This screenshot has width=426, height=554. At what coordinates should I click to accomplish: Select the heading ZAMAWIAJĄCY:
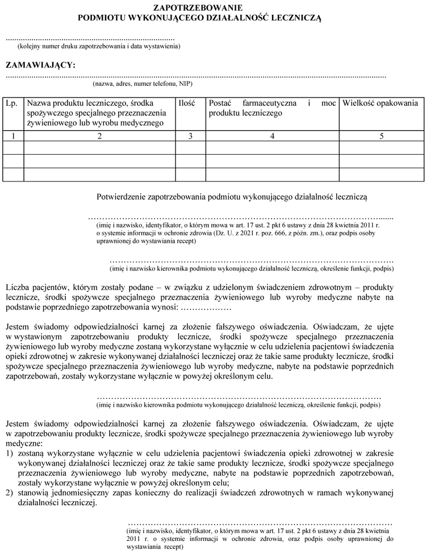[40, 65]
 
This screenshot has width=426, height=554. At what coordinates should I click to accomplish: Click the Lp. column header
[12, 104]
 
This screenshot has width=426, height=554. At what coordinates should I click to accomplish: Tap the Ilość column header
[187, 104]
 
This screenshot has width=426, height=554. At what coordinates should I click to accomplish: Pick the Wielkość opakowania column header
[381, 104]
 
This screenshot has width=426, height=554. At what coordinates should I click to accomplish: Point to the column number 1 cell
[13, 135]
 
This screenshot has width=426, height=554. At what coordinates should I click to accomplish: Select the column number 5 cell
[382, 135]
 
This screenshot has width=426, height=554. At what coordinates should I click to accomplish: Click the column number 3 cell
[190, 135]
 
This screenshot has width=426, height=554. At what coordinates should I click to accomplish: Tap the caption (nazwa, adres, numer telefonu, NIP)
[143, 84]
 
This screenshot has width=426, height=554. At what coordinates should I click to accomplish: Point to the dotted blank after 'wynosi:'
[204, 308]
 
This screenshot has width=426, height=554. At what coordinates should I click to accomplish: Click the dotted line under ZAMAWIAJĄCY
[196, 76]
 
